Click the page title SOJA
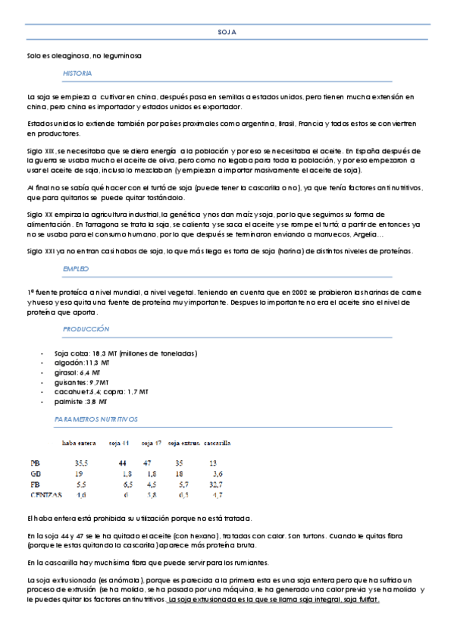227,33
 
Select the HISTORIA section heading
77,73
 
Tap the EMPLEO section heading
76,268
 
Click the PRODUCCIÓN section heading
86,329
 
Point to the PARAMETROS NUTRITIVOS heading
96,419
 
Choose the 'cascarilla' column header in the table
218,442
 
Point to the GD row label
35,472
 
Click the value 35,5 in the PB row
81,462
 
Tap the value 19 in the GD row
79,472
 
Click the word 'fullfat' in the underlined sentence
368,599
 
